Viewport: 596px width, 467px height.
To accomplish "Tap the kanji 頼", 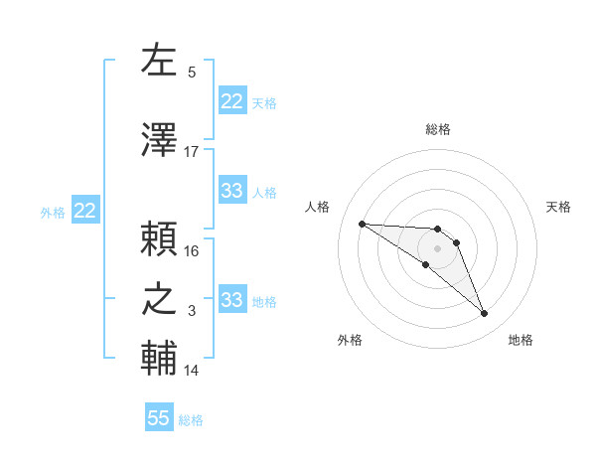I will point(159,240).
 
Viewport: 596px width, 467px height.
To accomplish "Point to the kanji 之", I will point(159,299).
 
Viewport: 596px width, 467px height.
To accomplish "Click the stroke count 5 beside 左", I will point(192,72).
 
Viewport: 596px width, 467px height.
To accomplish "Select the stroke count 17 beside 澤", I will point(192,152).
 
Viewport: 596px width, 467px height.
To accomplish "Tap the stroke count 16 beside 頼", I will point(192,250).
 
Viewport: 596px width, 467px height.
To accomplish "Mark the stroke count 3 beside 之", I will point(192,311).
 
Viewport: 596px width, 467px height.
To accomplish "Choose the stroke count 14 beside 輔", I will point(192,371).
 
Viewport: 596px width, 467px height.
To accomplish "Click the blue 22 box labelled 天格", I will point(231,100).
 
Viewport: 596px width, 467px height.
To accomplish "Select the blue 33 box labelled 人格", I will point(231,191).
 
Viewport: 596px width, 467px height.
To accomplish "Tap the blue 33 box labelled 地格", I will point(231,300).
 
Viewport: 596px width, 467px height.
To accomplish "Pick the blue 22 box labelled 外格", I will point(84,211).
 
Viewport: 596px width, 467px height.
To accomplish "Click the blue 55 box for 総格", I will point(159,418).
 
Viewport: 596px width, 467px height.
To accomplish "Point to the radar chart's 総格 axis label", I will point(437,129).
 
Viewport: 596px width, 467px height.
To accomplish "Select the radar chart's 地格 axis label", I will point(521,340).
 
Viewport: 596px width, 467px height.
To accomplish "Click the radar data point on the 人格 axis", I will point(362,224).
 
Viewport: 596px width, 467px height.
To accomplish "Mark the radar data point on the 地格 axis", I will point(485,314).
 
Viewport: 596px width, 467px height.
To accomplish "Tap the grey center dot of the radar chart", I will point(437,247).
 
